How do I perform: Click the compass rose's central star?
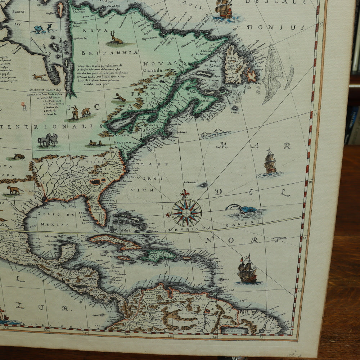pos(186,212)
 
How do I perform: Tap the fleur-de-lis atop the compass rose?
pos(185,193)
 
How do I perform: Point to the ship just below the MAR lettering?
pos(270,163)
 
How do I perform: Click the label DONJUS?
pos(276,27)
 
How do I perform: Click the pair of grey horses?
pos(48,139)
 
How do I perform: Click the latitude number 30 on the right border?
pos(310,182)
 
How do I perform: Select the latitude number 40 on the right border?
pos(315,114)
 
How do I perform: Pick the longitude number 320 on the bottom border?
pos(214,338)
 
